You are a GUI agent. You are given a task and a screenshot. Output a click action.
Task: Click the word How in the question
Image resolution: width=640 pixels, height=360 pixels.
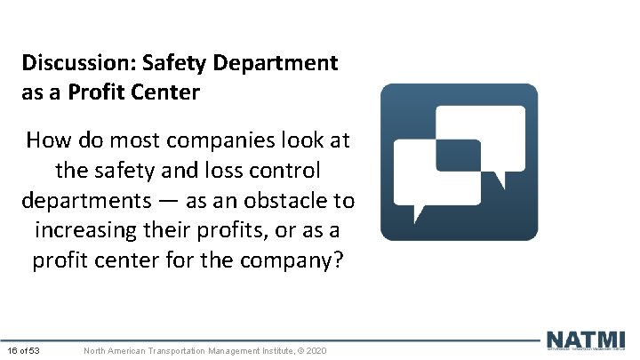[x=48, y=140]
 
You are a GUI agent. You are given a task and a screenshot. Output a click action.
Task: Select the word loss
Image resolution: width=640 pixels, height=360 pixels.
[x=234, y=171]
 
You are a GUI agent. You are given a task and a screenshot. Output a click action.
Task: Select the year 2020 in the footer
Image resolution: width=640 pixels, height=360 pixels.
[x=316, y=351]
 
